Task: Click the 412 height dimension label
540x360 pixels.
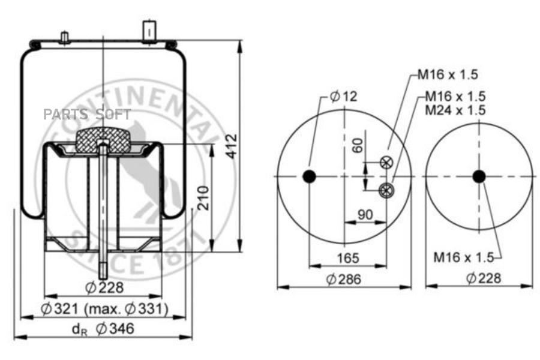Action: pos(232,146)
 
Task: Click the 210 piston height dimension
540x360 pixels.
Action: pos(204,198)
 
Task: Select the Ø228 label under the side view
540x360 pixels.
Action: pos(104,287)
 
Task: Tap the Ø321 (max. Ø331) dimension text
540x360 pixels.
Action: pos(104,308)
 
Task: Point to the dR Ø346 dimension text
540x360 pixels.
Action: pos(103,329)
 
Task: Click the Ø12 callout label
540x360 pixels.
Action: pos(343,96)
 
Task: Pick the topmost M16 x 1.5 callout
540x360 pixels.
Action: pos(448,74)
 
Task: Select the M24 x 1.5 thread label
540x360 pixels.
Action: pos(455,110)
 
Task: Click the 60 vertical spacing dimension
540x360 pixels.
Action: pos(358,145)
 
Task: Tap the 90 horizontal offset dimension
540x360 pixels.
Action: pos(365,215)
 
